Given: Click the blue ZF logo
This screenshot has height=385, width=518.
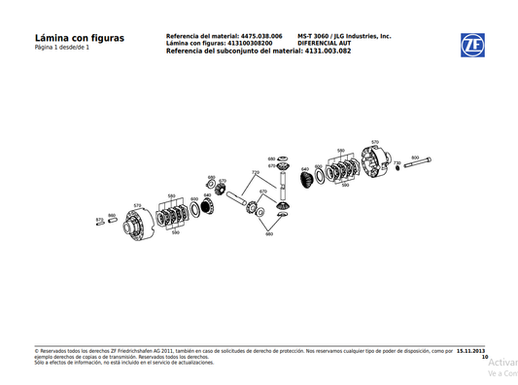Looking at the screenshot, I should click(x=473, y=46).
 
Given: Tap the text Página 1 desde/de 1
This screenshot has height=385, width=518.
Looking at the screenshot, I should click(x=60, y=49).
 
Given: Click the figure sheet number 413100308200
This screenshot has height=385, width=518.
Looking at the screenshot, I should click(x=258, y=43).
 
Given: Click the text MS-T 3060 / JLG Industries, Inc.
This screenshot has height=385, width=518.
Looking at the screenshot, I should click(x=344, y=35).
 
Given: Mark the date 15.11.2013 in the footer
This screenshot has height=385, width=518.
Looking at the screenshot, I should click(x=471, y=351).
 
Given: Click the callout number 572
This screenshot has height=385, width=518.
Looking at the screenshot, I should click(x=99, y=220).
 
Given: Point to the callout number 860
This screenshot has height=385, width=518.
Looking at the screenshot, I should click(x=112, y=215).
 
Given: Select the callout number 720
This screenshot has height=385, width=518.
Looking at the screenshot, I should click(x=255, y=172).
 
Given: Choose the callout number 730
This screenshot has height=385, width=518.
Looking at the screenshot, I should click(x=397, y=162).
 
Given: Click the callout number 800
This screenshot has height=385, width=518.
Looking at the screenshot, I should click(x=415, y=157).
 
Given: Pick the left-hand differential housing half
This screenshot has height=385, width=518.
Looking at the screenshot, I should click(x=139, y=225).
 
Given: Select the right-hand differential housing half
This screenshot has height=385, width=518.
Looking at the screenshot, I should click(x=377, y=162).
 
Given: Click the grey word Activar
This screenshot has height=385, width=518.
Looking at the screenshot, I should click(x=501, y=362).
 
